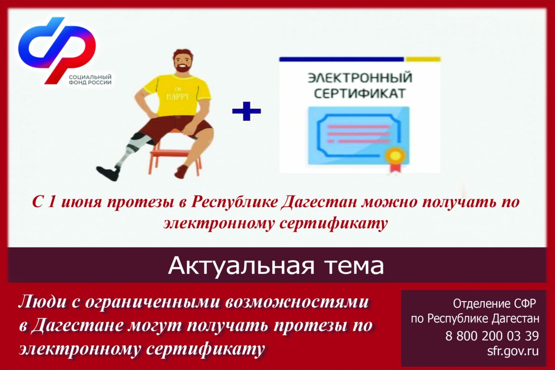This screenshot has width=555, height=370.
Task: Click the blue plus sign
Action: [x=246, y=111]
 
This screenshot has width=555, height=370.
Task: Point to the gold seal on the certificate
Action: [x=396, y=155]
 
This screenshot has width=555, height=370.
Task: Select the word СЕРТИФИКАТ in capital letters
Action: [x=360, y=94]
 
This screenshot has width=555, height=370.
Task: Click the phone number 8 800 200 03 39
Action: [x=492, y=336]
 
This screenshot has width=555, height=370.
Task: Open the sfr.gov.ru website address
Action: [x=513, y=351]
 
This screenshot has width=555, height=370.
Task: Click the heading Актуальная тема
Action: [x=276, y=266]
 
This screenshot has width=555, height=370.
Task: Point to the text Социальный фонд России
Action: [x=90, y=80]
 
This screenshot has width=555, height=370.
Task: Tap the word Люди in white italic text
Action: [x=42, y=303]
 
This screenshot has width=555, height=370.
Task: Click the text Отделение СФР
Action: [x=494, y=304]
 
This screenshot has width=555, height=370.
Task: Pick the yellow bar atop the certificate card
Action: [x=423, y=59]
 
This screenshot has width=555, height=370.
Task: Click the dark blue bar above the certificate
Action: [x=341, y=59]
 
